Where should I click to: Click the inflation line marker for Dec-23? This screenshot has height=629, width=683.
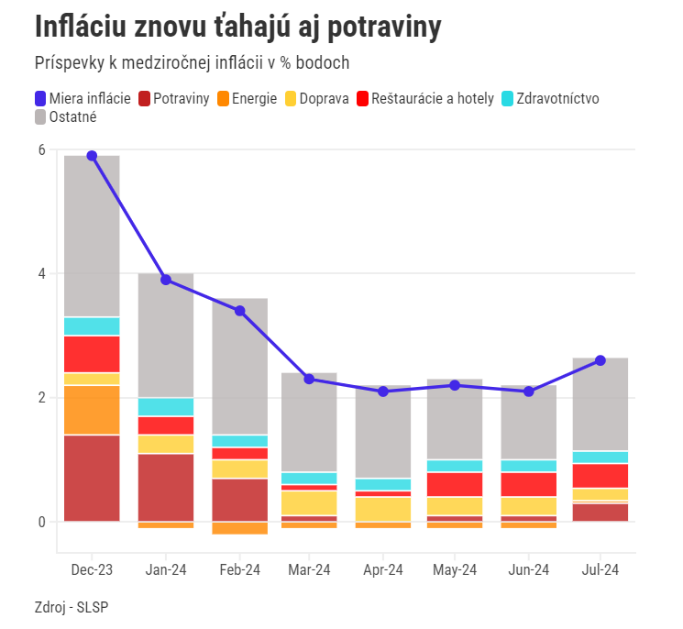[x=92, y=156]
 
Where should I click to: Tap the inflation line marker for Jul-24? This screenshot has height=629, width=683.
[x=600, y=360]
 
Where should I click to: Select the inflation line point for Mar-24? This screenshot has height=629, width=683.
[x=310, y=379]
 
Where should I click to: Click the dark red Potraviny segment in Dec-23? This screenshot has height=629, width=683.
[x=92, y=478]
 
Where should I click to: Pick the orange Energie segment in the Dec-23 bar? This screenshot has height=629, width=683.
[x=92, y=410]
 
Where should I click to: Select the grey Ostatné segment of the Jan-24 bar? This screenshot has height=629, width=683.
[x=166, y=335]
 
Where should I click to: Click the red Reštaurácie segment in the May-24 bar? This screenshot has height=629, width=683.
[x=455, y=484]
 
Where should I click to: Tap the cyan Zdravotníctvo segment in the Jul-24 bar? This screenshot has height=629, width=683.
[x=600, y=457]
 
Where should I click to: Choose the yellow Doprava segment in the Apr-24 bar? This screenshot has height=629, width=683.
[x=382, y=509]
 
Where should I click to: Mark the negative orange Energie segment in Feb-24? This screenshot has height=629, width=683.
[x=240, y=527]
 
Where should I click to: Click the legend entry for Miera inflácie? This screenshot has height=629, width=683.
[x=83, y=98]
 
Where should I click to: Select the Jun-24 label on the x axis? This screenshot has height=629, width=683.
[x=528, y=570]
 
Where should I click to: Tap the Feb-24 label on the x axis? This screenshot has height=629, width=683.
[x=240, y=570]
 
